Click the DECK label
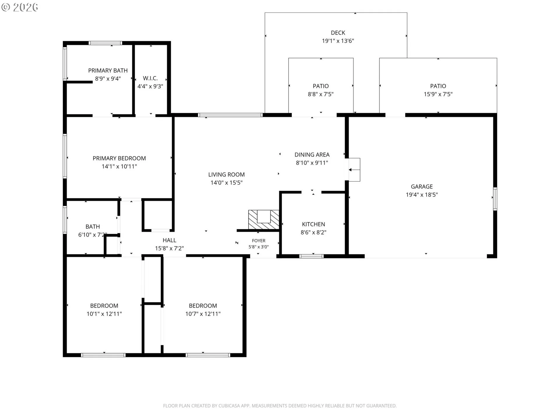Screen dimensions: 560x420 338,33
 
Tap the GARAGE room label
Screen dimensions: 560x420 422,186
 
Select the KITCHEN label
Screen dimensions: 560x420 313,224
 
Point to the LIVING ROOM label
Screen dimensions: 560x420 226,174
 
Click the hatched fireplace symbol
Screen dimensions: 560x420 264,219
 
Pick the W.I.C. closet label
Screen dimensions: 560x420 150,78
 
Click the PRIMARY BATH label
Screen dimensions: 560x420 108,71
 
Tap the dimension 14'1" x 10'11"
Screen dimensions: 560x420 119,167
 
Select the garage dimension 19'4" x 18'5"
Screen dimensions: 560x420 422,195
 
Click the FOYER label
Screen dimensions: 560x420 259,241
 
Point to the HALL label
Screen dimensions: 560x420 169,240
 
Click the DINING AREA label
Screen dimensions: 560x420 312,155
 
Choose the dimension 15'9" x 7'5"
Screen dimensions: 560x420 438,94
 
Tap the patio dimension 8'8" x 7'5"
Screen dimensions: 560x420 321,94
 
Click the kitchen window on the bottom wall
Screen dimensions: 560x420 312,256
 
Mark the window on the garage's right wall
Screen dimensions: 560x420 495,199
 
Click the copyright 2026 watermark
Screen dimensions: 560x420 20,7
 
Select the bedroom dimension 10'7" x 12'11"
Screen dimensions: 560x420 203,314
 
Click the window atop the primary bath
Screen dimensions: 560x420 105,43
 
